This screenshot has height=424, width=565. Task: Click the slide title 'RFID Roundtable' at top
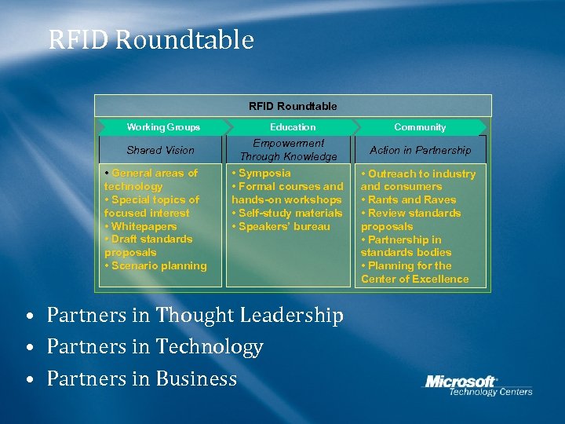tap(151, 39)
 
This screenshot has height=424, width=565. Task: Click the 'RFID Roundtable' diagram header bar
tap(293, 106)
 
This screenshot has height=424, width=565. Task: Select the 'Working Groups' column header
tap(163, 127)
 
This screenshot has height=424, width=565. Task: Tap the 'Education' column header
tap(293, 127)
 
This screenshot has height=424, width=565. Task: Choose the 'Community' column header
tap(420, 127)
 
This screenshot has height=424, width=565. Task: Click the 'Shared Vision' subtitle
tap(160, 150)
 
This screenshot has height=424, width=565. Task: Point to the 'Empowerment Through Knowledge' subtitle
tap(288, 150)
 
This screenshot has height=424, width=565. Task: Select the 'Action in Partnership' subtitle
tap(420, 150)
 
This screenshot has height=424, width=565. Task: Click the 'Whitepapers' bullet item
tap(144, 226)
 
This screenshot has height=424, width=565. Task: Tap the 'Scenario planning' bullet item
tap(159, 266)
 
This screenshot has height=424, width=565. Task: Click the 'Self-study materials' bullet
tap(290, 214)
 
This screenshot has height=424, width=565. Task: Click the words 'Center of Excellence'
tap(414, 280)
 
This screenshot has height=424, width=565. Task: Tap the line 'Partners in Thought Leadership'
tap(195, 316)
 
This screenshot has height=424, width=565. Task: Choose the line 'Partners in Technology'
tap(155, 347)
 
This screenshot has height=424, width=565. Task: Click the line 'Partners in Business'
tap(141, 379)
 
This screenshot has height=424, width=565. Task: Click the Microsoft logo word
tap(461, 382)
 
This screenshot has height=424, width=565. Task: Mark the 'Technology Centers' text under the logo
tap(490, 392)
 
